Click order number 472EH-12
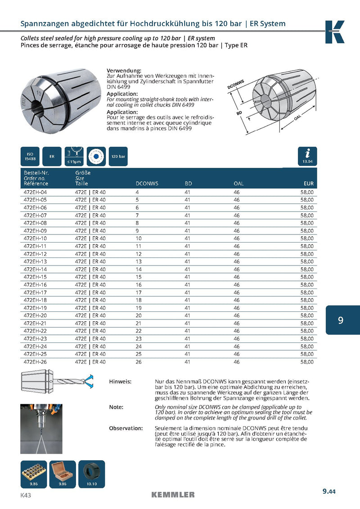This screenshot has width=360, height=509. tap(35, 253)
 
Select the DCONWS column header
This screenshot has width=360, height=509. tap(147, 184)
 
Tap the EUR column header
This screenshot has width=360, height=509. tap(308, 184)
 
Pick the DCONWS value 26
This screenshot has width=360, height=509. tap(139, 361)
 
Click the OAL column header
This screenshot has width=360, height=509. tap(238, 184)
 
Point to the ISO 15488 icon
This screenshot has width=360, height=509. tap(30, 156)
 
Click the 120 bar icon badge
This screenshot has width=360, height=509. tap(118, 156)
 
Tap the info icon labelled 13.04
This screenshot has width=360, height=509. tap(308, 156)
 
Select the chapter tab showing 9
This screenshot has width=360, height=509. tap(341, 320)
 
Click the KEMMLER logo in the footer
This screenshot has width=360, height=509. tap(173, 495)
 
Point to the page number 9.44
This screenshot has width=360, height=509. tap(329, 492)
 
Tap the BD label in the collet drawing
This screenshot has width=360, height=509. tap(239, 113)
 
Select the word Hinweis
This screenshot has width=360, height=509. tap(120, 382)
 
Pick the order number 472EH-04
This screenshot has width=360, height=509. tap(35, 192)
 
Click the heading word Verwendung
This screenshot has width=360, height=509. tap(123, 71)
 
